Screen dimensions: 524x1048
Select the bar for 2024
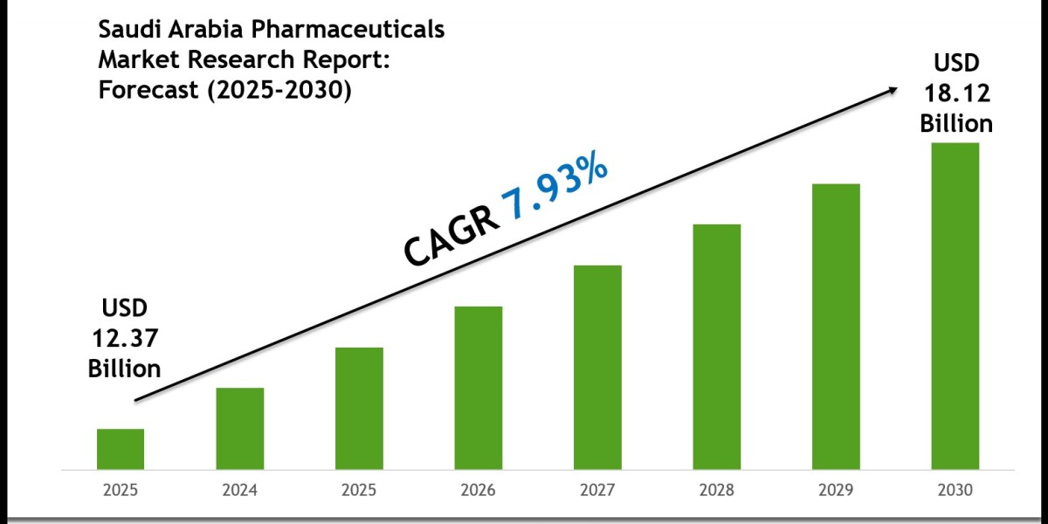(240, 427)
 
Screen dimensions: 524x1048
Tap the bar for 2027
(597, 366)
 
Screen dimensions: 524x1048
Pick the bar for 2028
(717, 346)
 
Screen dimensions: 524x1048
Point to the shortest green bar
(121, 448)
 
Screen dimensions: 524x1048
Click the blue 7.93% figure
(554, 189)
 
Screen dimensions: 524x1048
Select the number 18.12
(956, 93)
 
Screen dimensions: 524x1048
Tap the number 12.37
(124, 338)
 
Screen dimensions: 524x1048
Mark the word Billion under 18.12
(956, 123)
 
